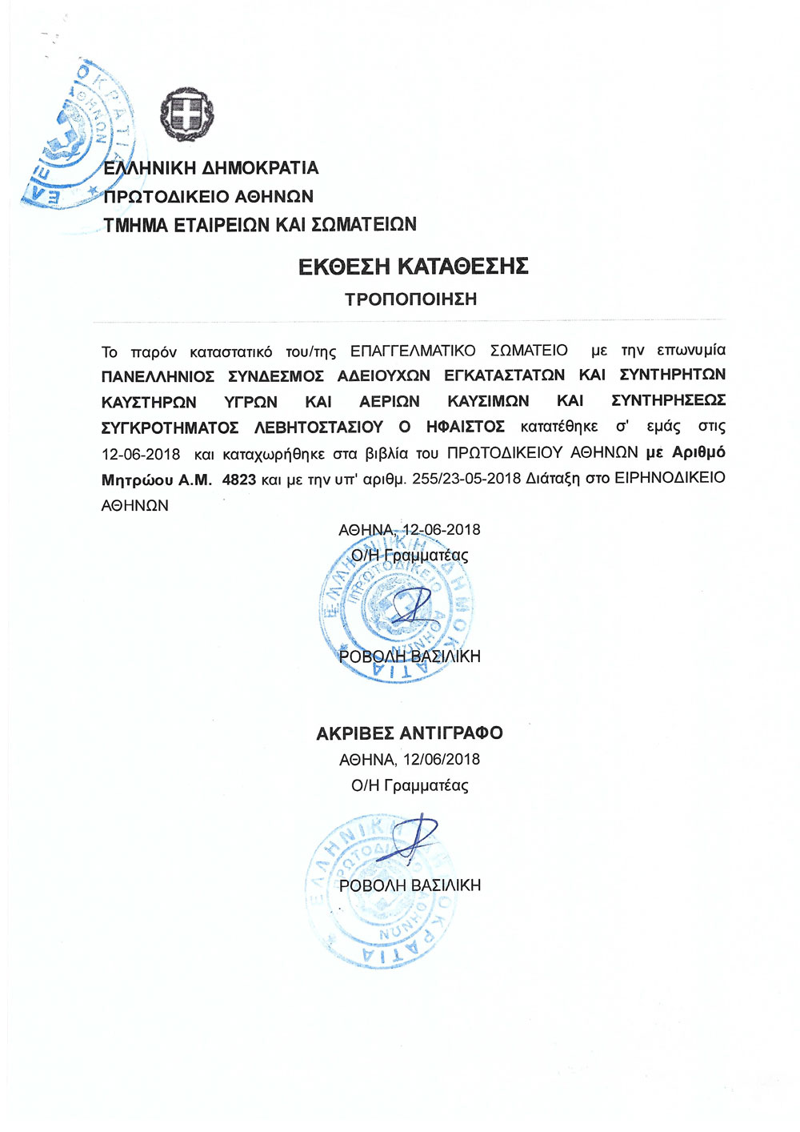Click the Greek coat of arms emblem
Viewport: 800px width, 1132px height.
[x=187, y=114]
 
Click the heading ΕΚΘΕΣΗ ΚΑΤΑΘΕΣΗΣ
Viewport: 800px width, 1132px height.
[x=413, y=266]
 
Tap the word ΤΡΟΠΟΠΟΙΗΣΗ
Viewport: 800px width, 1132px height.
[x=410, y=299]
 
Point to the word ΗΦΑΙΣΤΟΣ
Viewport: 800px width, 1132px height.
[x=466, y=427]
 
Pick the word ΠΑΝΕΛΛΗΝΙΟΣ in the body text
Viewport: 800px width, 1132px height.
[x=158, y=375]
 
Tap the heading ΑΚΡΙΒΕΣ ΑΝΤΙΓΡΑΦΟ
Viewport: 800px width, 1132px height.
[x=410, y=733]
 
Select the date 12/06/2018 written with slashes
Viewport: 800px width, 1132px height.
[x=442, y=759]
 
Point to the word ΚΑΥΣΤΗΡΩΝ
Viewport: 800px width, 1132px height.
[x=149, y=401]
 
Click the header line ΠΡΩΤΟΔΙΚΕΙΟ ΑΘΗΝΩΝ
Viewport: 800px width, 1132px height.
[x=209, y=196]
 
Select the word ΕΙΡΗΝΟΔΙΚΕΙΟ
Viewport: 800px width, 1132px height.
[x=670, y=478]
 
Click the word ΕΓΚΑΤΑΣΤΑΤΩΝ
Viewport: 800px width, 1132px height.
[x=504, y=375]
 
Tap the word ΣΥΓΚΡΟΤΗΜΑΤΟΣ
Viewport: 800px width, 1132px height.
[x=170, y=428]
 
